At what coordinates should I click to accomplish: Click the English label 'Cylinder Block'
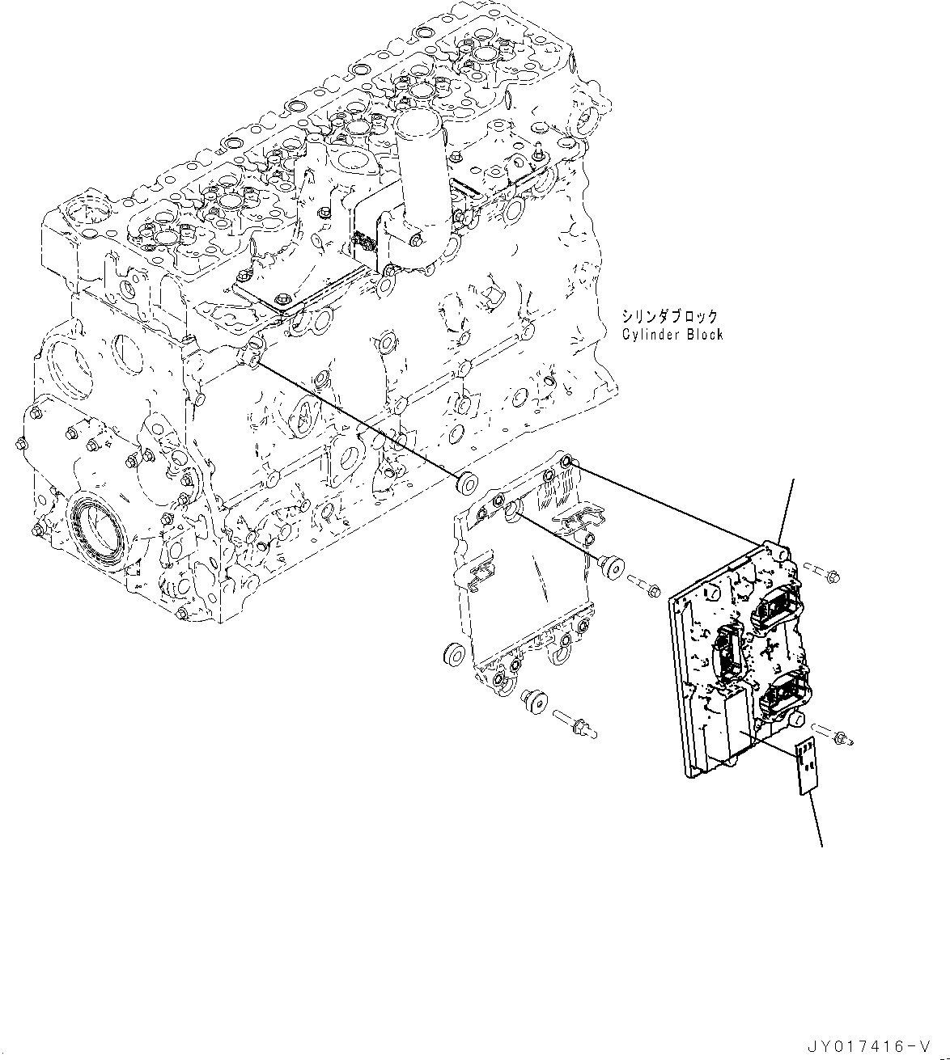pyautogui.click(x=672, y=334)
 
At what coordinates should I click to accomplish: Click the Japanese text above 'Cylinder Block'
pyautogui.click(x=670, y=316)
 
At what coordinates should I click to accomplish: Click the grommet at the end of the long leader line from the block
pyautogui.click(x=466, y=482)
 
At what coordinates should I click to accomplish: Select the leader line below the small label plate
pyautogui.click(x=816, y=821)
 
